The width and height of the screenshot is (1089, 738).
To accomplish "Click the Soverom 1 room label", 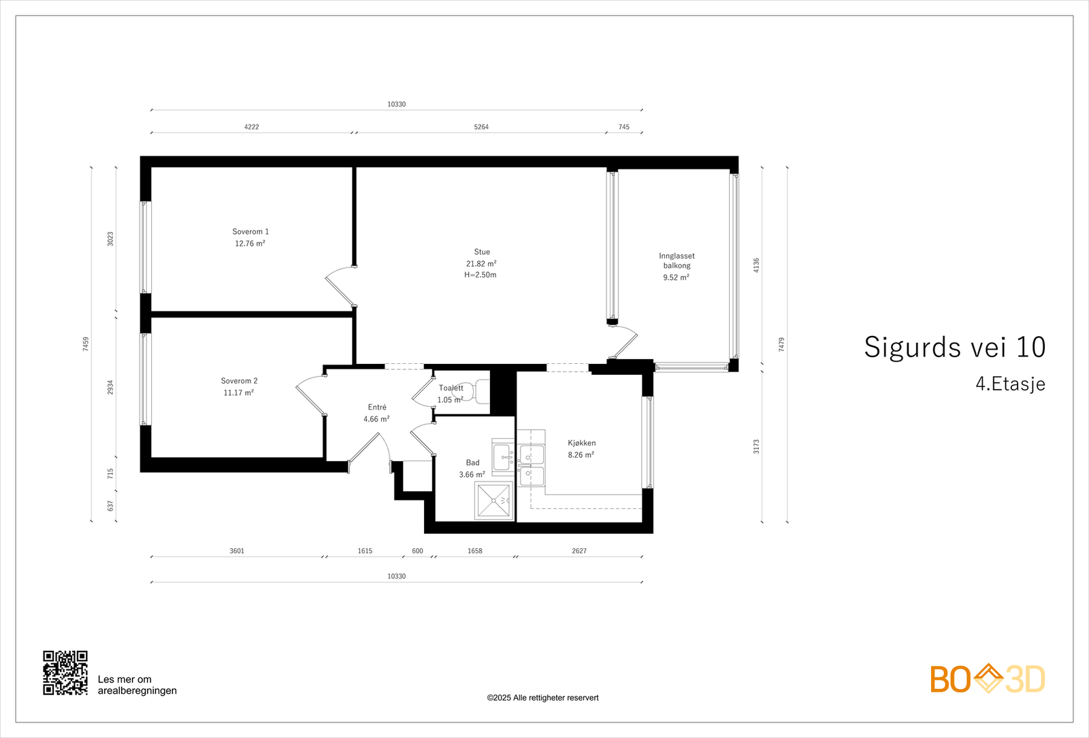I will tap(250, 232).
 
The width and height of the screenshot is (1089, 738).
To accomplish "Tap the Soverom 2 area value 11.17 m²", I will tap(238, 393).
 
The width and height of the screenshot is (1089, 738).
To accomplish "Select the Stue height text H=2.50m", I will tap(481, 275).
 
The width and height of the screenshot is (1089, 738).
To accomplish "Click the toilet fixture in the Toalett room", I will tap(477, 391).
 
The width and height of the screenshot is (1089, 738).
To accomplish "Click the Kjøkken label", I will tap(581, 443).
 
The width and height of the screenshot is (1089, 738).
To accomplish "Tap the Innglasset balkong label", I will tap(677, 261).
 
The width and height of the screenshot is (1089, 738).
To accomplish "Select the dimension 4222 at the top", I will tap(251, 127).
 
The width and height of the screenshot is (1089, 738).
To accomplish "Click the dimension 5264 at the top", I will tap(481, 127).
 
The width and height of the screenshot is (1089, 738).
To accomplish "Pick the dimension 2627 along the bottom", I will tap(579, 551).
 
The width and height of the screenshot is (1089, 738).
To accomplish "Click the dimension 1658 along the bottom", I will tap(474, 551).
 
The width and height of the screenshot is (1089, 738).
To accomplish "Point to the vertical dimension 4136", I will tap(756, 265).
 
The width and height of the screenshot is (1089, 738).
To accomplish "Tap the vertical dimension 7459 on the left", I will tap(86, 344).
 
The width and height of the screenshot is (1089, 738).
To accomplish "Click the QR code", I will tap(65, 673).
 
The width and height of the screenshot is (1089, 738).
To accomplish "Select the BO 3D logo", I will tap(988, 679).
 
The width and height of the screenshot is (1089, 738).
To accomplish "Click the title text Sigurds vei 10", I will tap(954, 348).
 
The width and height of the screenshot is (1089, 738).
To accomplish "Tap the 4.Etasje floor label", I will tap(1010, 384).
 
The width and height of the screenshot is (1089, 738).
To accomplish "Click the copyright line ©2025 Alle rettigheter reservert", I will tap(542, 698).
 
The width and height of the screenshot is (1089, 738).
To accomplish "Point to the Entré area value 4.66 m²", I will tap(376, 420).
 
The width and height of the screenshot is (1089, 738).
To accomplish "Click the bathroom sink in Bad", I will tap(504, 457).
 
